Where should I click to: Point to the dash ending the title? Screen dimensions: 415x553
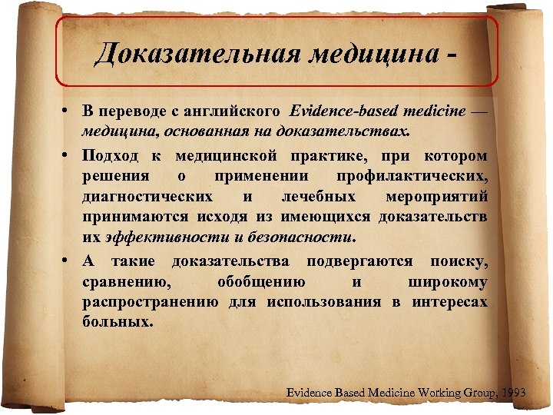(459, 55)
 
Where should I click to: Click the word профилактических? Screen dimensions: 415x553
(414, 176)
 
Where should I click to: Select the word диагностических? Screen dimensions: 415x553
(147, 195)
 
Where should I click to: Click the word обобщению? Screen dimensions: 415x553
(260, 282)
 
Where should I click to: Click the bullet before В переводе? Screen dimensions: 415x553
(68, 111)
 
